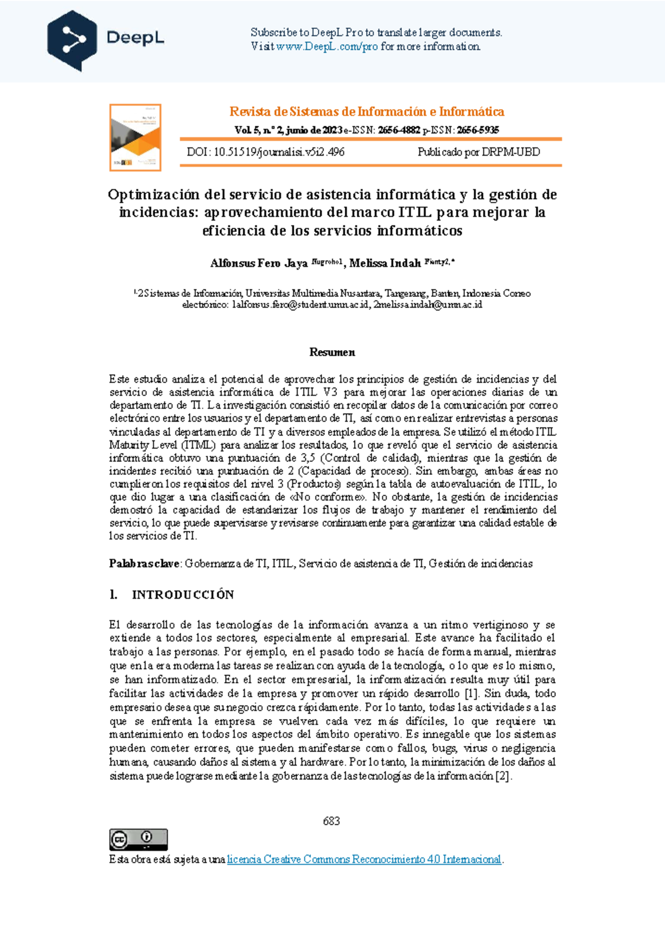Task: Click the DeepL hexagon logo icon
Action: [72, 40]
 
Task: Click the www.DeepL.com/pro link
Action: [326, 47]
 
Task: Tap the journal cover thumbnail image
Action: [135, 137]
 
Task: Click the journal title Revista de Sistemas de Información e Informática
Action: [367, 112]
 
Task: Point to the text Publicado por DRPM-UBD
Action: [478, 152]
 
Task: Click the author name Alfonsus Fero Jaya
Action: [258, 264]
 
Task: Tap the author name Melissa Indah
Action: [385, 264]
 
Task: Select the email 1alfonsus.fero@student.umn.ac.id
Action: [300, 305]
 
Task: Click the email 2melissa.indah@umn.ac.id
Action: [427, 305]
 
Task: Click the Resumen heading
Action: [332, 352]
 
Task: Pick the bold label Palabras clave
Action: [144, 564]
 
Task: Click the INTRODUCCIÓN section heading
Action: [183, 595]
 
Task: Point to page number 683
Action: [331, 821]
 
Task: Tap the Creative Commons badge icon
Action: [138, 839]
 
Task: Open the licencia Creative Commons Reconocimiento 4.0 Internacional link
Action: [364, 860]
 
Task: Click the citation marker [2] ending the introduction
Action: [502, 776]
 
